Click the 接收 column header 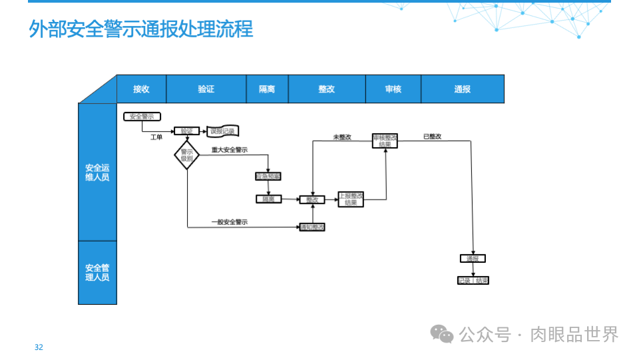click(141, 89)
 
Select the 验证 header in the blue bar click(206, 89)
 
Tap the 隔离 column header click(267, 89)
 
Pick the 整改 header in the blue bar click(326, 89)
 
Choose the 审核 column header click(393, 89)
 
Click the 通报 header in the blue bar click(463, 89)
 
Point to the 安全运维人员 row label click(97, 172)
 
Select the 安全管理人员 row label click(97, 272)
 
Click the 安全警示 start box click(142, 116)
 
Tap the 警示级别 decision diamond click(186, 155)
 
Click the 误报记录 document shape click(223, 131)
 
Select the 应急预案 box click(268, 177)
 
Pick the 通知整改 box click(312, 228)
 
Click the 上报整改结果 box click(351, 199)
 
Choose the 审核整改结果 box click(385, 140)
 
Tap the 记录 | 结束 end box click(473, 281)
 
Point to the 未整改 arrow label click(341, 137)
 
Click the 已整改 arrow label click(432, 136)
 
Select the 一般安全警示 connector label click(229, 222)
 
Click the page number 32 click(39, 347)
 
